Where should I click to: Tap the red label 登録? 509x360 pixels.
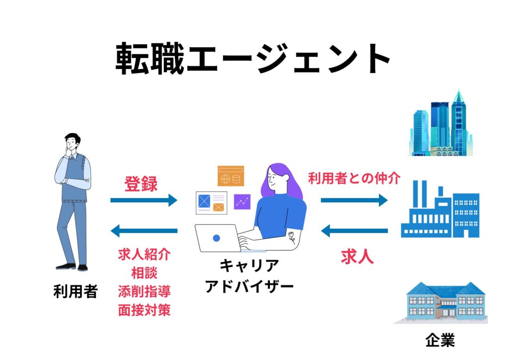click(x=141, y=184)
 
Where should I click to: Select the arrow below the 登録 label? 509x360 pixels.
click(x=144, y=200)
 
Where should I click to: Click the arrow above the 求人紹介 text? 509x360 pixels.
click(x=144, y=230)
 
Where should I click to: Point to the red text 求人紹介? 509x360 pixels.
click(x=144, y=255)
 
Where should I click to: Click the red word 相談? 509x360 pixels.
click(x=144, y=273)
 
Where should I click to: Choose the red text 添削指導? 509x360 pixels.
click(x=144, y=291)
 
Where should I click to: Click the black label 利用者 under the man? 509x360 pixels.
click(x=76, y=292)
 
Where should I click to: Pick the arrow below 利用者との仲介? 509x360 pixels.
click(x=354, y=200)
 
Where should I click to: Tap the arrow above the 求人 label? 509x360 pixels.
click(x=354, y=230)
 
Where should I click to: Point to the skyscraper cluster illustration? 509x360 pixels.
click(x=441, y=124)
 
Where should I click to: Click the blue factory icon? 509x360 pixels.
click(x=440, y=209)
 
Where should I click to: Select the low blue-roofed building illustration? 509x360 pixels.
click(x=440, y=302)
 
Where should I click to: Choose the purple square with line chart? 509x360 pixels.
click(x=243, y=201)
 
